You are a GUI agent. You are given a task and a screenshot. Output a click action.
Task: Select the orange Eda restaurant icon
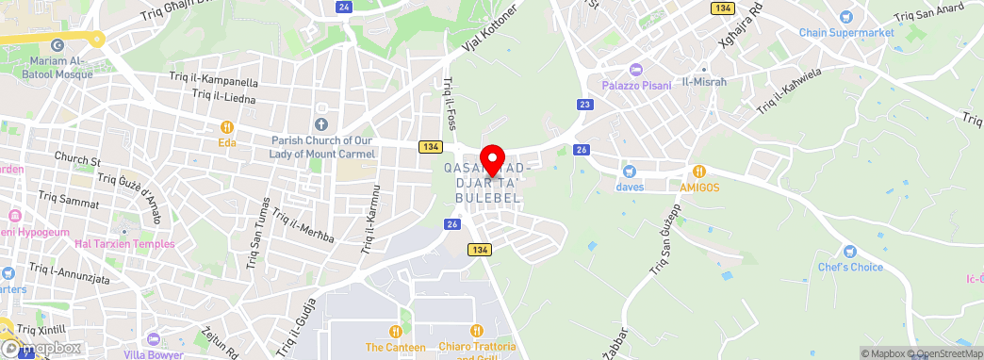pos(226,127)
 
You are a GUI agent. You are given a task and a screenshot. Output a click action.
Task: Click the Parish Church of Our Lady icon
pos(320,124)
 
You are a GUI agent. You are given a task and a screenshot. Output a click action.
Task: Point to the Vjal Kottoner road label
pos(490,29)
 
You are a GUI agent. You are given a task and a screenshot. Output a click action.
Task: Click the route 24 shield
pos(344,7)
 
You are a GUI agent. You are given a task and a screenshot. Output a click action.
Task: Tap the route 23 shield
pos(585,105)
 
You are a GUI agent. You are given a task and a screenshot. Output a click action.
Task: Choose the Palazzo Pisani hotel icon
pos(635,70)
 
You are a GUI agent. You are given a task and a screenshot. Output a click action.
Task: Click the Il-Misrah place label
pos(704,82)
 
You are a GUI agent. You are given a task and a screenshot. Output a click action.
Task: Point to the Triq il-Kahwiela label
pos(790,90)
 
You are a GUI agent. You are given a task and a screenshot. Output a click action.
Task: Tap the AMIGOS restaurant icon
pos(699,172)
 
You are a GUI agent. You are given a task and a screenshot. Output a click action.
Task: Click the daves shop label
pos(630,187)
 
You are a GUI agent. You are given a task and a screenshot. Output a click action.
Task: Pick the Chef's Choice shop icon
pos(849,252)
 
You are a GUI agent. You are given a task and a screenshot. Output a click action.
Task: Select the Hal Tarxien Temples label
pos(124,244)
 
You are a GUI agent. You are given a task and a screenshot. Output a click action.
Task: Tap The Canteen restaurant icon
pos(395,331)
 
